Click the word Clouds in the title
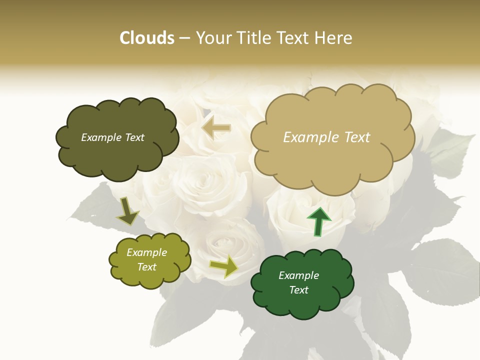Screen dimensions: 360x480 pos(147,38)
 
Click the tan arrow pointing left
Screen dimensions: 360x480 pos(216,128)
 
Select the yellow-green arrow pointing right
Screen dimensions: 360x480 pos(224,266)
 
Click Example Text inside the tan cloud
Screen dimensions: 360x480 pos(326,137)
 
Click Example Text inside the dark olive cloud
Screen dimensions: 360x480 pos(112,137)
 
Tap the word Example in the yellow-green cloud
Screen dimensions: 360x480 pos(146,252)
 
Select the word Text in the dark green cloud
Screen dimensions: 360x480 pos(299,290)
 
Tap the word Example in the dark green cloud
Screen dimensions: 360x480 pos(298,275)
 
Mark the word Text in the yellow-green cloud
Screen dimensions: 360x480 pos(147,267)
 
